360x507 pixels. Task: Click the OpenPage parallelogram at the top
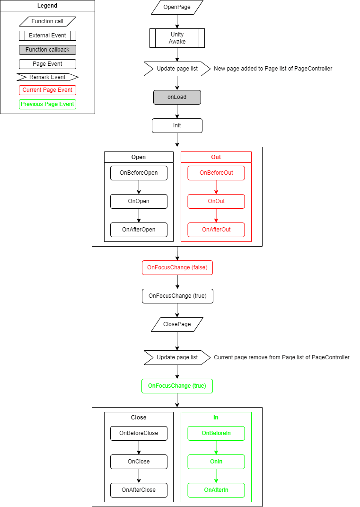point(177,7)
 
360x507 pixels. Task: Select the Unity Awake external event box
point(177,38)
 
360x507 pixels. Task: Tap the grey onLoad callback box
point(177,97)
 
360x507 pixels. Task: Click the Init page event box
point(177,125)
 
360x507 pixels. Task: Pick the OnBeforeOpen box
point(139,173)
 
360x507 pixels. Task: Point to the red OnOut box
point(216,201)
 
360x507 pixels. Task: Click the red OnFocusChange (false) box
point(177,268)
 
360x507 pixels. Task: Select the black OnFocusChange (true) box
point(177,296)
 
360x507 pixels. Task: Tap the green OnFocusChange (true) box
point(177,386)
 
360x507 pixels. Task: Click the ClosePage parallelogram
point(177,324)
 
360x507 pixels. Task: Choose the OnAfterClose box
point(139,490)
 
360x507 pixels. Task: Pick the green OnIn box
point(216,462)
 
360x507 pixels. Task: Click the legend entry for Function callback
point(47,50)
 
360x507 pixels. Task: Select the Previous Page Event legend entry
point(47,104)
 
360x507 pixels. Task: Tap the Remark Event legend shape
point(47,77)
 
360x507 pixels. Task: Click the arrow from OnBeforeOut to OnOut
point(216,187)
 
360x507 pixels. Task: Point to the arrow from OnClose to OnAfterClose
point(139,476)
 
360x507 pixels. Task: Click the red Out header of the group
point(216,157)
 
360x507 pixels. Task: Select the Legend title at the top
point(47,6)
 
